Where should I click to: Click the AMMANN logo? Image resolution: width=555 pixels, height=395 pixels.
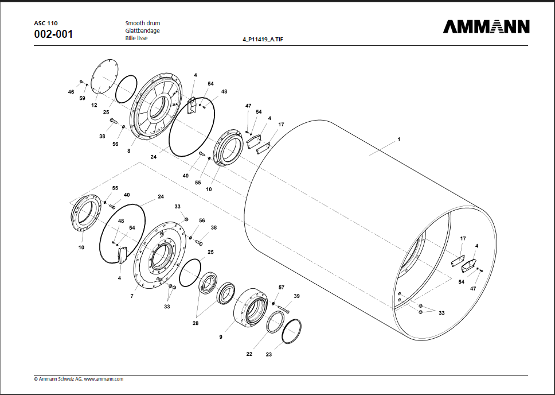pos(486,27)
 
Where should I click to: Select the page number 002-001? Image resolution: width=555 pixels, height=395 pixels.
pos(53,34)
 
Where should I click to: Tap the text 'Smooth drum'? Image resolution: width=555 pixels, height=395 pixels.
pos(142,23)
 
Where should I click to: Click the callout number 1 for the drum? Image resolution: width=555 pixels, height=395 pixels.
pos(398,140)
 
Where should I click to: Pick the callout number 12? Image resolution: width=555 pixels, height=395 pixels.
pos(94,106)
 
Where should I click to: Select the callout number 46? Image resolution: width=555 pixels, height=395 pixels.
pos(71,92)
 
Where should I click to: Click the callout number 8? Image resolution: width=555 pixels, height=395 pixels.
pos(128,151)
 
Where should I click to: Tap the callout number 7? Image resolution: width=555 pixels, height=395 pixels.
pos(131,296)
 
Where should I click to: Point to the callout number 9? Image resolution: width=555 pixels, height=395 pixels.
pos(220,337)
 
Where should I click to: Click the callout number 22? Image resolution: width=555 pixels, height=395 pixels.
pos(249,354)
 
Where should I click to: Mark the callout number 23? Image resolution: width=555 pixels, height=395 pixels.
pos(268,354)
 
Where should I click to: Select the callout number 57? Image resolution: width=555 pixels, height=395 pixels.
pos(281,287)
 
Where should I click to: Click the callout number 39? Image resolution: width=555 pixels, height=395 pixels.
pos(296,296)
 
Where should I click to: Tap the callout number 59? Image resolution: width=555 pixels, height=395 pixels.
pos(82,98)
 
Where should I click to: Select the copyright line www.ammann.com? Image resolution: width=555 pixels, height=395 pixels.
pos(79,379)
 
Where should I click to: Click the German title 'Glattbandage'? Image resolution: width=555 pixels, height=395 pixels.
pos(142,30)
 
